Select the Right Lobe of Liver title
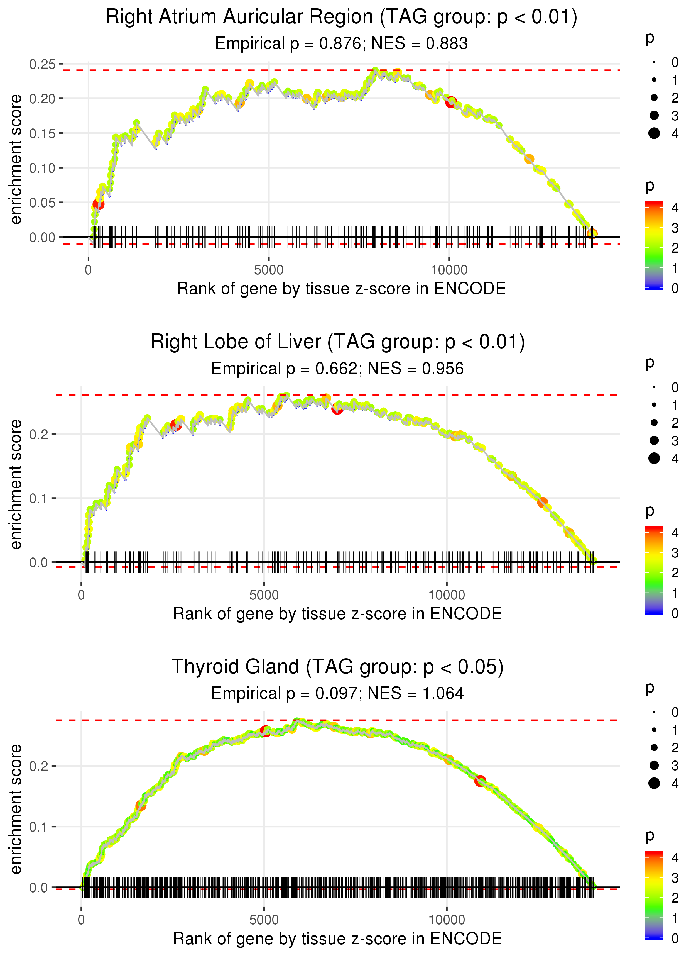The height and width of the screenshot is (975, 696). pyautogui.click(x=338, y=342)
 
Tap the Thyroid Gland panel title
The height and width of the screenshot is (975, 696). pyautogui.click(x=338, y=667)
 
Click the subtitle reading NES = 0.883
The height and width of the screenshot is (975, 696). pyautogui.click(x=341, y=43)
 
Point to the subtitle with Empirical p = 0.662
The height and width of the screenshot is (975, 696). pyautogui.click(x=337, y=368)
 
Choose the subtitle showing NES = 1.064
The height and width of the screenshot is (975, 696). pyautogui.click(x=337, y=693)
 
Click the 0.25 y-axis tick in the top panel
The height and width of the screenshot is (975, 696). pyautogui.click(x=42, y=64)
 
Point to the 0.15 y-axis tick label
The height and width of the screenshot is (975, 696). pyautogui.click(x=42, y=133)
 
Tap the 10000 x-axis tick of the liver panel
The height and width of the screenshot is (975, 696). pyautogui.click(x=447, y=595)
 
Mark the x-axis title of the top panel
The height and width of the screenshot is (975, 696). pyautogui.click(x=341, y=289)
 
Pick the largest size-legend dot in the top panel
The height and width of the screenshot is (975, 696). pyautogui.click(x=654, y=133)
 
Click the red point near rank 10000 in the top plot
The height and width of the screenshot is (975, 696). pyautogui.click(x=451, y=103)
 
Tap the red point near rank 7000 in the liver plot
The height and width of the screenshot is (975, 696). pyautogui.click(x=337, y=409)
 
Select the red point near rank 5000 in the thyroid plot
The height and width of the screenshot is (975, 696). pyautogui.click(x=265, y=731)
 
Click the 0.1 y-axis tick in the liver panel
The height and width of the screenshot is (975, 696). pyautogui.click(x=39, y=498)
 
